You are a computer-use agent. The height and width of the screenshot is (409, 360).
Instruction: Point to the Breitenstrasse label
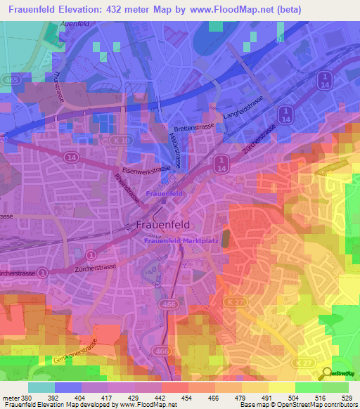(193, 129)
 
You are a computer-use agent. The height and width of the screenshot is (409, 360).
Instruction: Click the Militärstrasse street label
(176, 150)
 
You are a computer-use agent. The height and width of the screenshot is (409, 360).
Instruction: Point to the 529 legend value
(347, 398)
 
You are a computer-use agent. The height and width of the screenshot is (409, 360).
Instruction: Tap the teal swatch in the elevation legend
(41, 387)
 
